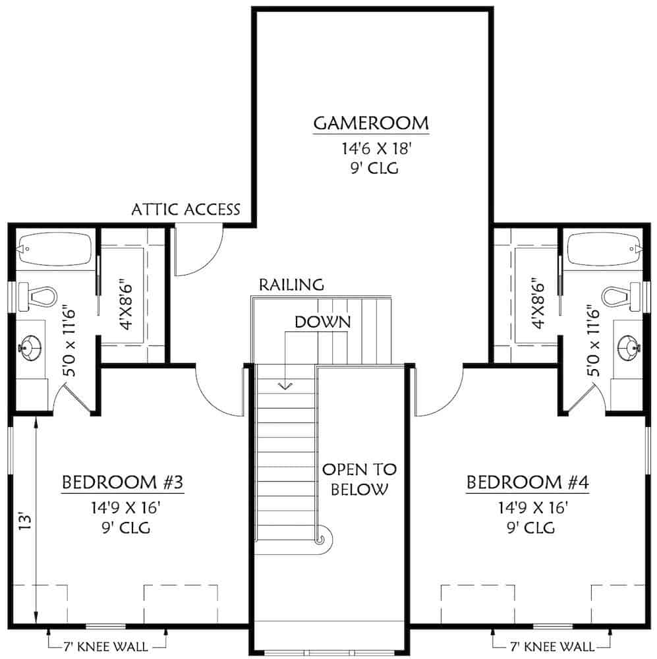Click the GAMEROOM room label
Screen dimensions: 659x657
coord(371,123)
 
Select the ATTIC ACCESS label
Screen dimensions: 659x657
coord(186,210)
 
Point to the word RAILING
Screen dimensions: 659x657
coord(291,285)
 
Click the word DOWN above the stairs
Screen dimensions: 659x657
coord(322,322)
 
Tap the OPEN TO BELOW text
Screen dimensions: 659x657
coord(359,479)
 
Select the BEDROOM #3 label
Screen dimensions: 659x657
coord(122,483)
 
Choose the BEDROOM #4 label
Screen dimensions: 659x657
coord(527,483)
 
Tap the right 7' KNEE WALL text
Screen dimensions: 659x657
coord(552,646)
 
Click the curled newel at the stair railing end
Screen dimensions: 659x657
coord(322,540)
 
